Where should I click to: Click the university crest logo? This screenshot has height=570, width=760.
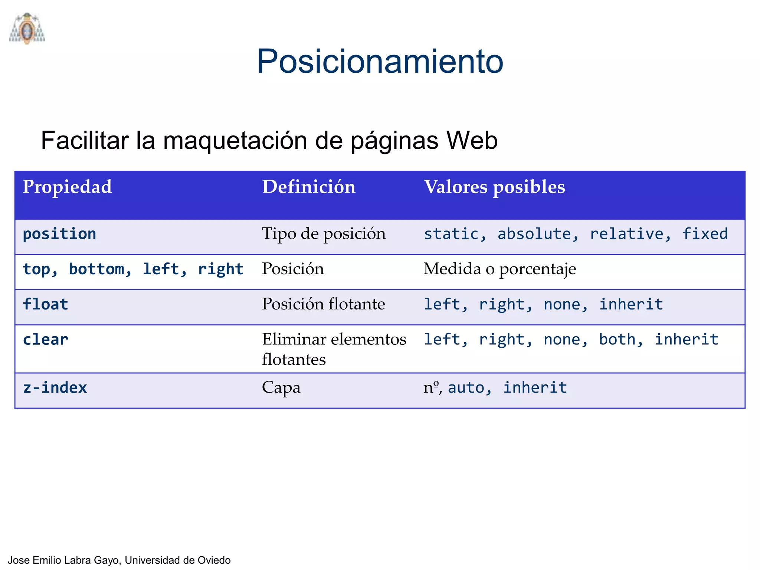pyautogui.click(x=27, y=29)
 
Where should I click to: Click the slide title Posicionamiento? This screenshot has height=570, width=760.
pyautogui.click(x=380, y=61)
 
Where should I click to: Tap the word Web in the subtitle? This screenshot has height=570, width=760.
pyautogui.click(x=472, y=141)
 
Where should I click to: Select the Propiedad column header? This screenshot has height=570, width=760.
pyautogui.click(x=67, y=187)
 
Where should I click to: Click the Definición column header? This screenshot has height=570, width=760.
pyautogui.click(x=309, y=187)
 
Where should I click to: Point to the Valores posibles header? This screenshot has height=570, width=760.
pyautogui.click(x=494, y=187)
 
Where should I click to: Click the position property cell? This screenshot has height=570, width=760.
pyautogui.click(x=59, y=234)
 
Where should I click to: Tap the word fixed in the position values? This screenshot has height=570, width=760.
pyautogui.click(x=705, y=234)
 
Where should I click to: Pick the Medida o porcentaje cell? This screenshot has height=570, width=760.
pyautogui.click(x=499, y=269)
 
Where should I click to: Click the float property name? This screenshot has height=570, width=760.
pyautogui.click(x=45, y=304)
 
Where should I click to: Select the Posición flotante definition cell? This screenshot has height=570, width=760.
pyautogui.click(x=323, y=304)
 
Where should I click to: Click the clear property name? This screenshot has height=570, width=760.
pyautogui.click(x=45, y=340)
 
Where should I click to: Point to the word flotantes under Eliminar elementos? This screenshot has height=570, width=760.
pyautogui.click(x=294, y=360)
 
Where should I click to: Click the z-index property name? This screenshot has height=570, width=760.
pyautogui.click(x=55, y=388)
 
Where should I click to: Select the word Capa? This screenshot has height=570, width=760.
pyautogui.click(x=281, y=388)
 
